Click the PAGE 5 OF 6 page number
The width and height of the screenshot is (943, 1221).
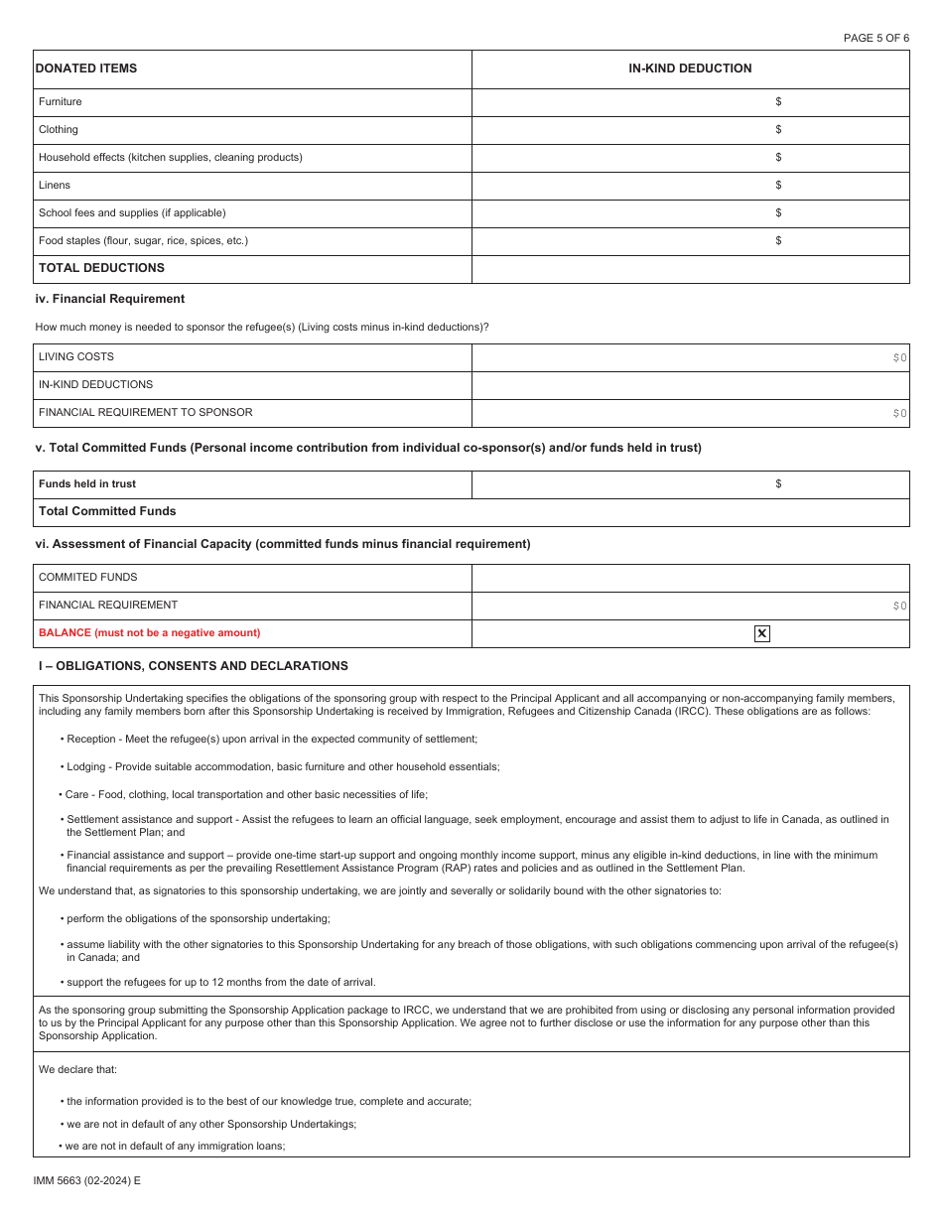[x=876, y=38]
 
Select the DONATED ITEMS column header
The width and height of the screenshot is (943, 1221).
[x=86, y=68]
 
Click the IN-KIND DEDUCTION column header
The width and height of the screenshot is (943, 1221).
[x=690, y=68]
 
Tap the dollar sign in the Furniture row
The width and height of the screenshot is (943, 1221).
[x=778, y=101]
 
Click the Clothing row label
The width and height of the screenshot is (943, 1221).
[x=58, y=129]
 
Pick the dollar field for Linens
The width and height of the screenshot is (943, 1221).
[x=778, y=185]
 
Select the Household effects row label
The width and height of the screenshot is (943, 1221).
[x=170, y=157]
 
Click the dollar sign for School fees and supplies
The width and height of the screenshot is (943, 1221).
[x=778, y=212]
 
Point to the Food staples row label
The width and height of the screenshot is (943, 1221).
[x=143, y=240]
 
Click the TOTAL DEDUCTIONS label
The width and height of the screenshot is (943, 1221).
[x=101, y=268]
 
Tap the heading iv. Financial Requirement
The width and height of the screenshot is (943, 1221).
[x=109, y=299]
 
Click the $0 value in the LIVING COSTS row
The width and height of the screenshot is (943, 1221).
[x=899, y=357]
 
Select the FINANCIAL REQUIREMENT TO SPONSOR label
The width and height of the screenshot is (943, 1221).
[x=145, y=412]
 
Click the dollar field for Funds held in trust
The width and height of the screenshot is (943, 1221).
[x=778, y=484]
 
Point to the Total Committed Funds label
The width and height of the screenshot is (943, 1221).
[x=107, y=511]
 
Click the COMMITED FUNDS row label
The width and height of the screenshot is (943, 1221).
[x=87, y=577]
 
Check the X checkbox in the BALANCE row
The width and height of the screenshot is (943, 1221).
[x=761, y=633]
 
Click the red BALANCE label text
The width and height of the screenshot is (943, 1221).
[x=149, y=632]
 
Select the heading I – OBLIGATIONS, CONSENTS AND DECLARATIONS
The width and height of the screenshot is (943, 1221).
[x=193, y=666]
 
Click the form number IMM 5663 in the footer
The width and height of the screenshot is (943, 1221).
[x=87, y=1181]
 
